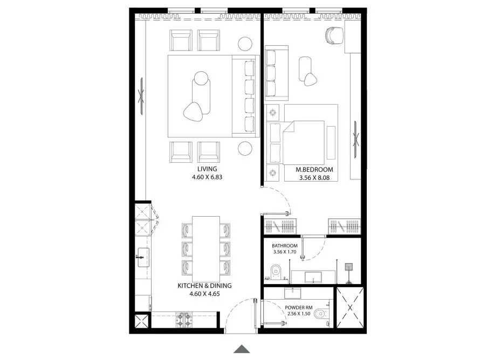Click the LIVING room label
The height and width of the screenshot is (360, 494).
click(x=203, y=169)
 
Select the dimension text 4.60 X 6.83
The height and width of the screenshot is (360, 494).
click(x=203, y=176)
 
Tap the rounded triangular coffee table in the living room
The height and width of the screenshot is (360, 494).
click(x=194, y=111)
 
